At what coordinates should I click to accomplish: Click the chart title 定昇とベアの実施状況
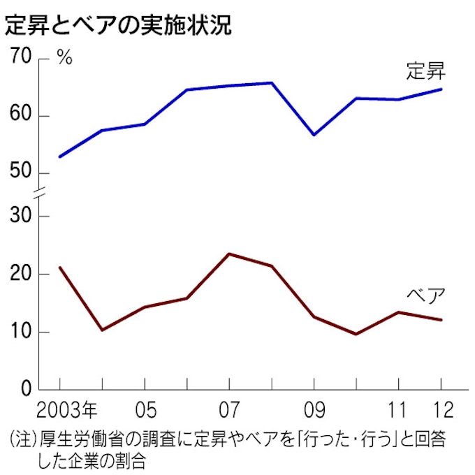(x=119, y=25)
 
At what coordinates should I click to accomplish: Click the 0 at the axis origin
(x=27, y=389)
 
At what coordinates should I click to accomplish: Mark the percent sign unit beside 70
(x=64, y=58)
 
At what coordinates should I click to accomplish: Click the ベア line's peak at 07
(x=229, y=254)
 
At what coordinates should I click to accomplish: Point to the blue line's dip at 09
(x=314, y=135)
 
